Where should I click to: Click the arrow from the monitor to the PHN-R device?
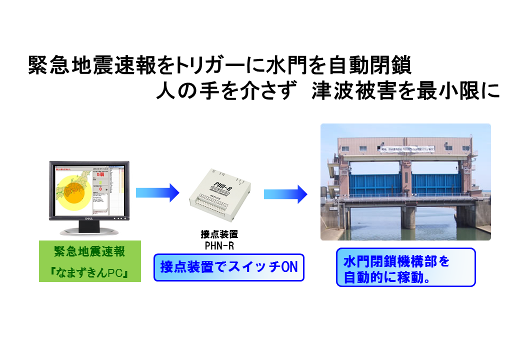157,192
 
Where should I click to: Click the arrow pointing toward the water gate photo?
285,193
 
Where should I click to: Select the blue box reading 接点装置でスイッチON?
229,267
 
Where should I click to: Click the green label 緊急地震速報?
89,251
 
